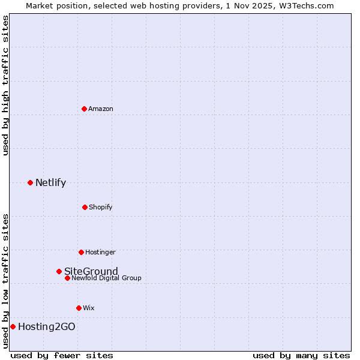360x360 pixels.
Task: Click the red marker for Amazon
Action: [85, 109]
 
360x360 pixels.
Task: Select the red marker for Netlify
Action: [30, 182]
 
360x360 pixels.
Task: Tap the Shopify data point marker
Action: [85, 207]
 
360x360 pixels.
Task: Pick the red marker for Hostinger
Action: [81, 252]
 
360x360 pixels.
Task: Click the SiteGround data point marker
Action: [59, 271]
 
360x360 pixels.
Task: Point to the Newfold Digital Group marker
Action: [67, 278]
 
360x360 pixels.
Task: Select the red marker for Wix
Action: [79, 308]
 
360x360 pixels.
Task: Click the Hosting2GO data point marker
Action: [13, 326]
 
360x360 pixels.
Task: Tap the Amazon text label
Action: [101, 109]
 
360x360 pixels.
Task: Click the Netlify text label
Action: [50, 182]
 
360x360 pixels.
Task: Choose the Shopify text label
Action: [101, 207]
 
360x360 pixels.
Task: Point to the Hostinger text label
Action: [100, 252]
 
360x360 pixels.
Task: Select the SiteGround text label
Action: [91, 271]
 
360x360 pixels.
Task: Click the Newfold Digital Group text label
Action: [106, 278]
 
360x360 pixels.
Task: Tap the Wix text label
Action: [89, 308]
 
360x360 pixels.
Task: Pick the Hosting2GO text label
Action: [47, 326]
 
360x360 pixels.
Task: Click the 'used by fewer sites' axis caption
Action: [62, 355]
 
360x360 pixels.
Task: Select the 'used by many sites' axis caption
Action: [301, 355]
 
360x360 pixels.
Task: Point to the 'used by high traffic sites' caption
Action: [5, 85]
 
